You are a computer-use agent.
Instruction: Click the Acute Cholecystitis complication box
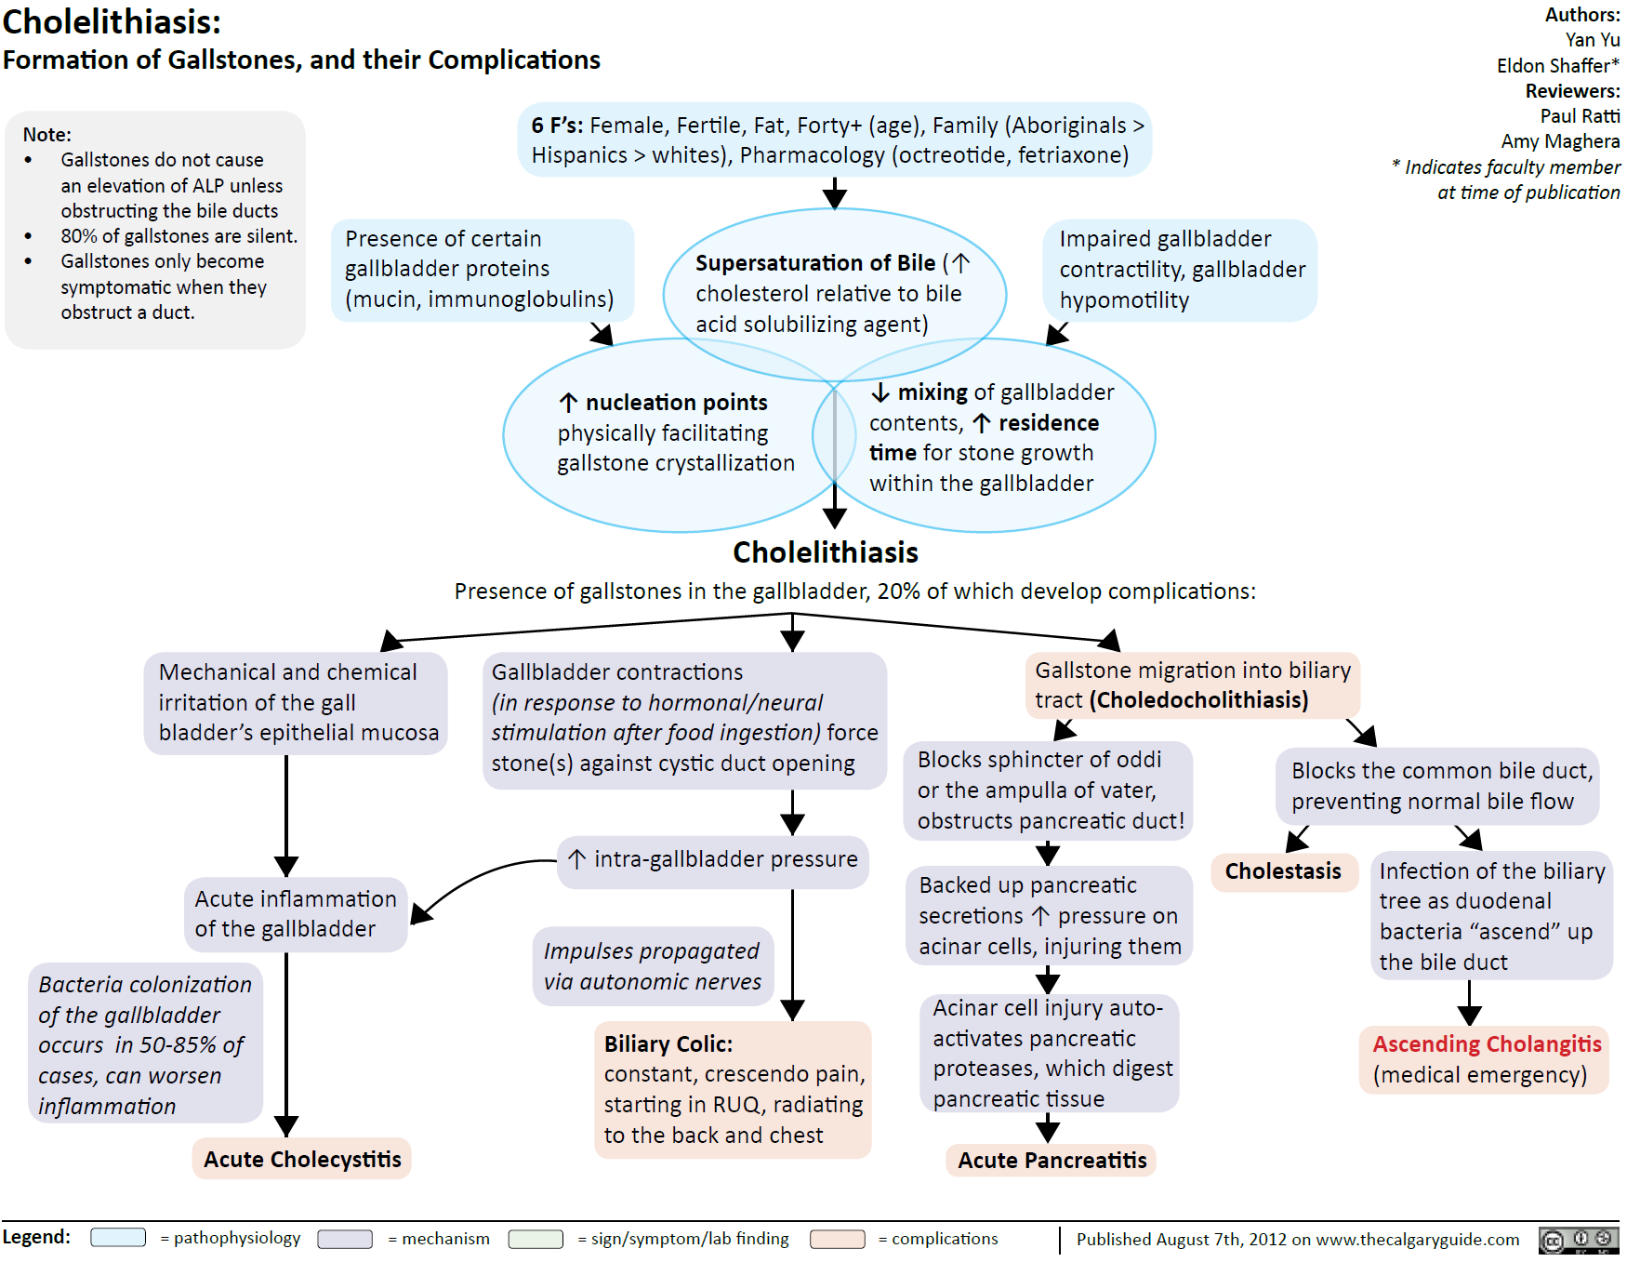302,1159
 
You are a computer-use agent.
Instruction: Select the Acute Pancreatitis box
1052,1160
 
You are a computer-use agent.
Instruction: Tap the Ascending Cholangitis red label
1487,1044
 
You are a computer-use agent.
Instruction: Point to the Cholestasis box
1283,871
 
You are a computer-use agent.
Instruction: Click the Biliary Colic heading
668,1044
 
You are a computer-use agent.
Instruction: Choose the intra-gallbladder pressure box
714,859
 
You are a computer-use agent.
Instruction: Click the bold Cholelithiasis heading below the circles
825,552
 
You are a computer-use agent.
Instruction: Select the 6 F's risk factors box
835,139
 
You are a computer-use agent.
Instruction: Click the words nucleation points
676,403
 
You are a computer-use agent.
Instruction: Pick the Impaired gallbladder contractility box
1180,270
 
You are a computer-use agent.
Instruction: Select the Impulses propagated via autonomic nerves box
653,966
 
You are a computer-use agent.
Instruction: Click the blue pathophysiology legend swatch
118,1238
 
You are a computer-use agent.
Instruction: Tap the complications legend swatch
837,1239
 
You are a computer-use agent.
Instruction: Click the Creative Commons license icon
1579,1240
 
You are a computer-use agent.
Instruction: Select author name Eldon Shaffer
1557,66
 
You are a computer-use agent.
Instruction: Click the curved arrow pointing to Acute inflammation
474,880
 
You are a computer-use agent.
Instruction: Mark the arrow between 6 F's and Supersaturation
835,193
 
